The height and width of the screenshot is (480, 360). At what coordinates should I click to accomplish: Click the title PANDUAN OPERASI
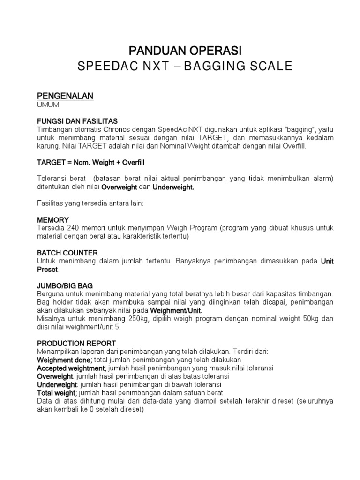tap(185, 50)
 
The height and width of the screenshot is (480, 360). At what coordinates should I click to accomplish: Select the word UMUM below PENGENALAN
tap(49, 105)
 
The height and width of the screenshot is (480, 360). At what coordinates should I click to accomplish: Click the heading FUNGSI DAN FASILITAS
tap(77, 121)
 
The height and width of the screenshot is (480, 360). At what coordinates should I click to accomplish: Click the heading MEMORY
tap(53, 220)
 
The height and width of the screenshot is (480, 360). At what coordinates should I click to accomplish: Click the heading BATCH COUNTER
tap(67, 253)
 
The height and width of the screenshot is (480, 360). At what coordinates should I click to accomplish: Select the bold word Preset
tap(47, 270)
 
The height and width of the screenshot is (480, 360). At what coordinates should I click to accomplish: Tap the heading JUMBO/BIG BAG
tap(65, 285)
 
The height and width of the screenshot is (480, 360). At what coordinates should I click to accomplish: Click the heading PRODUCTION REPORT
tap(76, 343)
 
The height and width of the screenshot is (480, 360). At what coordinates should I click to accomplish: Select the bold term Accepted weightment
tap(70, 368)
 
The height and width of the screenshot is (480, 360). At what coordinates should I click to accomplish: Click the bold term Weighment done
tap(64, 360)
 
